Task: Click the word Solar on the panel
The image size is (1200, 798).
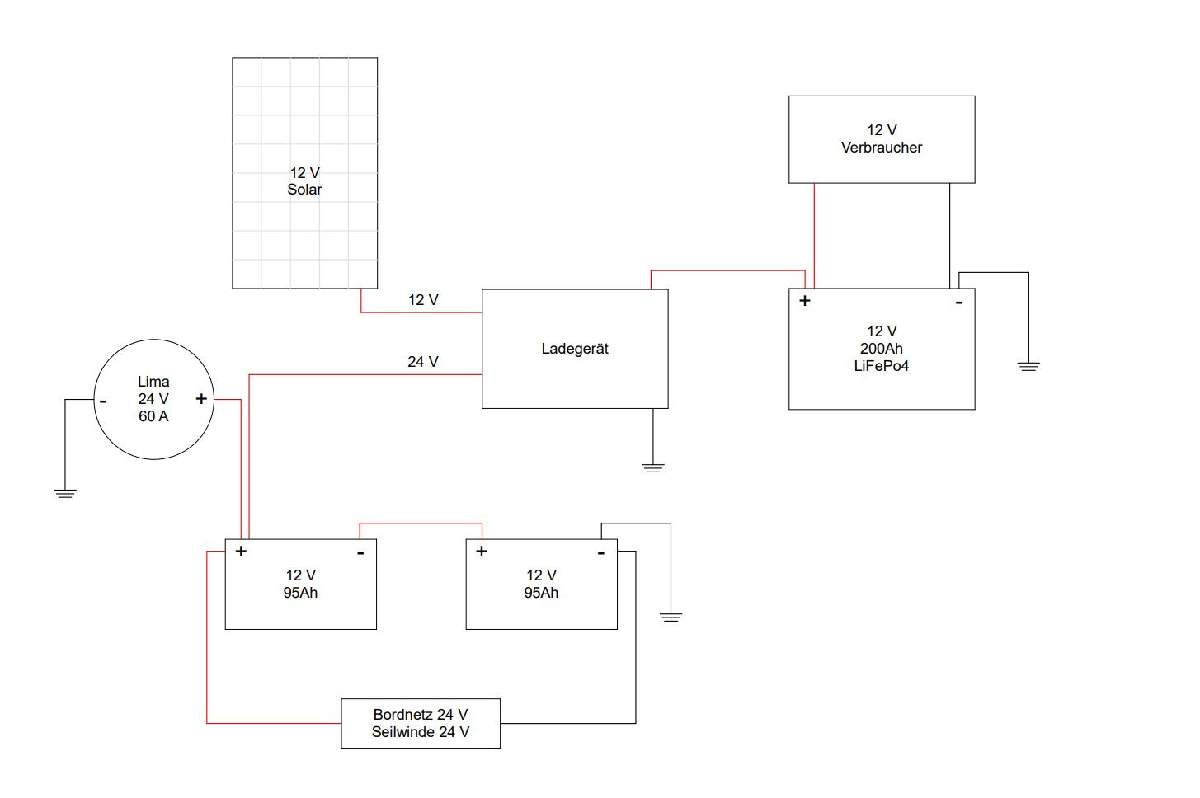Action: (304, 190)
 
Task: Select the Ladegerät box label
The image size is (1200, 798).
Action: (575, 350)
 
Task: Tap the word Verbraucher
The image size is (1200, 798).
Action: (882, 148)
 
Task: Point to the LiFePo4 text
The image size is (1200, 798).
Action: (882, 366)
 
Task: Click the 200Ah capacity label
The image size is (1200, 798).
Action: (882, 349)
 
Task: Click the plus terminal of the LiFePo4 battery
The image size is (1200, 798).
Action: (805, 301)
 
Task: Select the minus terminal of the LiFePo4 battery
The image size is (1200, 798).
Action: (959, 303)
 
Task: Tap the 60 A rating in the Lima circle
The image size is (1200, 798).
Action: (153, 416)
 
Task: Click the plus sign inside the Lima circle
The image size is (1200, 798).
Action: (201, 398)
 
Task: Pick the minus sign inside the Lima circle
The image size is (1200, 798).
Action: (103, 401)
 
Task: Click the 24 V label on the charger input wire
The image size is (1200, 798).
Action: (422, 362)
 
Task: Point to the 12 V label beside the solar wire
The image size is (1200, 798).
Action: (423, 300)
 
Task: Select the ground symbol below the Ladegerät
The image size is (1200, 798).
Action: (653, 468)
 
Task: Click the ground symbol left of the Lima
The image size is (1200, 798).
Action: (65, 494)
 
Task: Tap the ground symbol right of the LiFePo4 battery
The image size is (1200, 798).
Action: (1028, 366)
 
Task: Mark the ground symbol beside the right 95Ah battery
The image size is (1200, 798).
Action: (671, 617)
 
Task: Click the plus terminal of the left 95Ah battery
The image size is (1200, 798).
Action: (241, 552)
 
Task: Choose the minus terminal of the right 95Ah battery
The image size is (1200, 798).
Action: (601, 553)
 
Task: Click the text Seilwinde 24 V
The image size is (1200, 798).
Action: (421, 732)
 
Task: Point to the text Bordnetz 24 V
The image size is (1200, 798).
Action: (421, 715)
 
